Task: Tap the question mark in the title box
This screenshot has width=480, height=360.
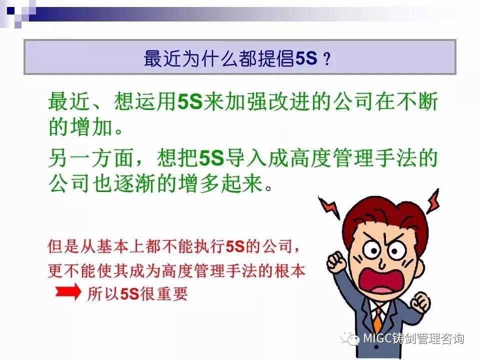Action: click(327, 58)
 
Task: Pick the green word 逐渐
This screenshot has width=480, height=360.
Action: click(134, 183)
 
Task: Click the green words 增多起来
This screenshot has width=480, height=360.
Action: click(220, 183)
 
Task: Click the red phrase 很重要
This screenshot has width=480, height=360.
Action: click(164, 294)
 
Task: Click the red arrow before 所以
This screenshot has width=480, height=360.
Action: click(68, 291)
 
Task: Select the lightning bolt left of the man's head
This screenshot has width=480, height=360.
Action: click(329, 207)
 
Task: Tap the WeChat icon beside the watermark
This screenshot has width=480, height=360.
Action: click(350, 338)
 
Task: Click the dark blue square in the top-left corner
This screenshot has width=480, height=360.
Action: click(11, 11)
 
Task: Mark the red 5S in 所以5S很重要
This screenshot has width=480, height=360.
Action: click(130, 294)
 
